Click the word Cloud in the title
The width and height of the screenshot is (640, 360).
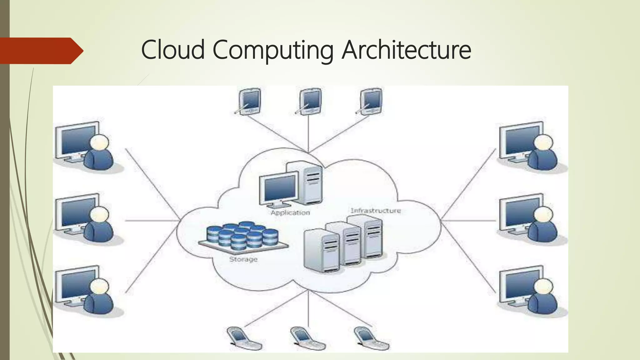tap(173, 50)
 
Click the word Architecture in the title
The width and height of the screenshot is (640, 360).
tap(406, 50)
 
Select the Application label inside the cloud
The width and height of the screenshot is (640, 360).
tap(290, 213)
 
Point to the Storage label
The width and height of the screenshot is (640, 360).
tap(243, 259)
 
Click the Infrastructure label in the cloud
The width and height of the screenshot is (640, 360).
tap(376, 211)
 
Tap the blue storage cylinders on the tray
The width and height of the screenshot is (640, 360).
tap(242, 235)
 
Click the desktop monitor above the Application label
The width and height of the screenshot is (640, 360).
tap(279, 189)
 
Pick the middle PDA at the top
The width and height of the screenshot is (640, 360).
tap(310, 102)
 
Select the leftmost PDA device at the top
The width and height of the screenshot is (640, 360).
tap(249, 101)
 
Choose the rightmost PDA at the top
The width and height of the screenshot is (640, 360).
tap(371, 101)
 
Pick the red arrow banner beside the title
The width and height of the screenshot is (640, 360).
tap(41, 51)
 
